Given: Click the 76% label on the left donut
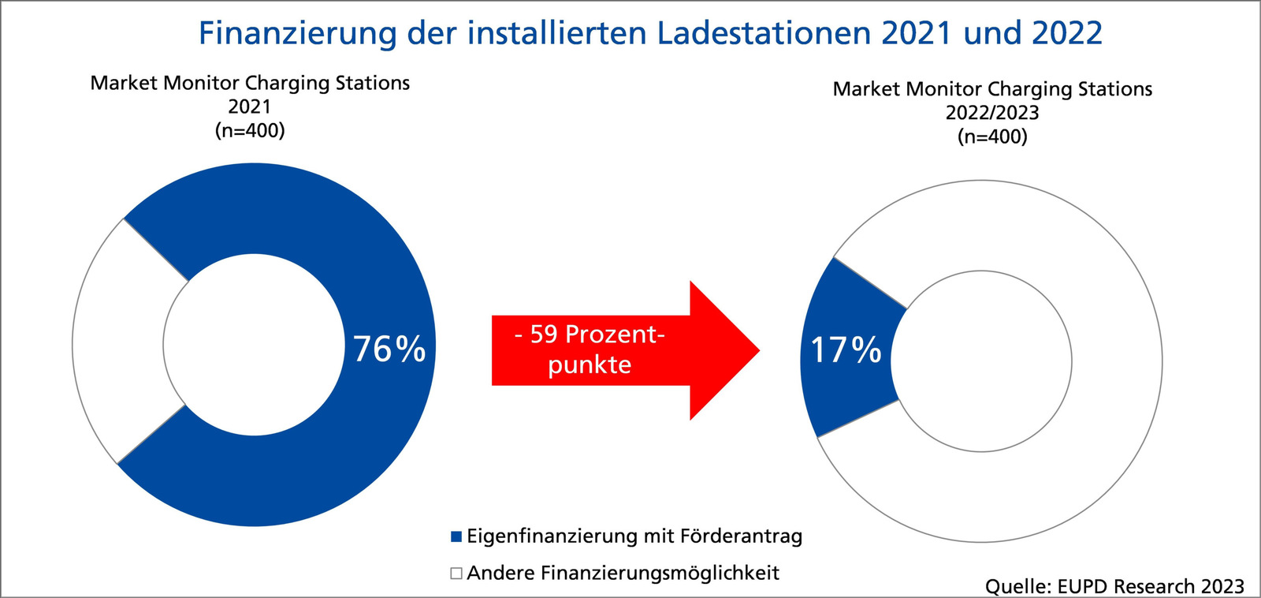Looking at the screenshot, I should [x=389, y=349].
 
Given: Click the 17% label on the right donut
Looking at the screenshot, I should [x=846, y=350].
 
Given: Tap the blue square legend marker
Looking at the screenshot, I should [x=456, y=536].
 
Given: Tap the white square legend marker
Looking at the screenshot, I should [x=456, y=573].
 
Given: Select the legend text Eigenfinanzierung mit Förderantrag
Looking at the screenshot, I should [x=634, y=536].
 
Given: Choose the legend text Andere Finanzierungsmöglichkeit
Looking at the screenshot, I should [x=623, y=573].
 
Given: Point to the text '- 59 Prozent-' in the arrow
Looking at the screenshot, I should [x=590, y=335].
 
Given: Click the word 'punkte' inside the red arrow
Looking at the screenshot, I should [x=590, y=365].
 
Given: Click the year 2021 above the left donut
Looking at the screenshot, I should [x=250, y=107].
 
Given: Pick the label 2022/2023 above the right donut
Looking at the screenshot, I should [x=992, y=113].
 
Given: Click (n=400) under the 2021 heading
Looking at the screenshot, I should [x=250, y=130].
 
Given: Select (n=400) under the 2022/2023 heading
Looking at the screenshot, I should [x=992, y=136].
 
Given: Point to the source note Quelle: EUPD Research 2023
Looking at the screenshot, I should [x=1114, y=586].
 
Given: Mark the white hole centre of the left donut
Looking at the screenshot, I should [x=254, y=345].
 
